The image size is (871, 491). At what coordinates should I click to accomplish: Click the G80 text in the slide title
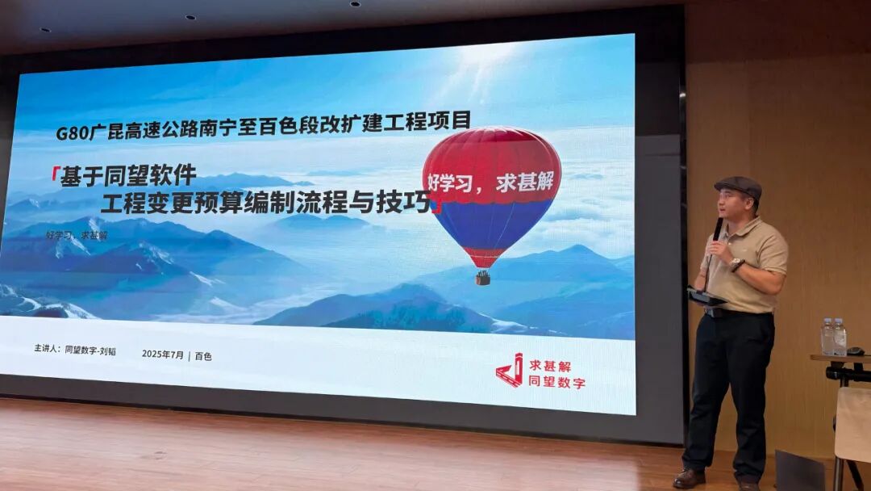point(72,132)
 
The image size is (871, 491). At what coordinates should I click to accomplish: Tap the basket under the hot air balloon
point(483,278)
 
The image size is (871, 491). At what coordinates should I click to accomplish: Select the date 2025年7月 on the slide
point(163,354)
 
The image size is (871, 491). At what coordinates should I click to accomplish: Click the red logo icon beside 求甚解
point(510,371)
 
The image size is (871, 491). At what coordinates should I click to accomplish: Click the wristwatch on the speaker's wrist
point(736,264)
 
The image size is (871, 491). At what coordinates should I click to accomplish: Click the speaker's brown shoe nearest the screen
point(690,477)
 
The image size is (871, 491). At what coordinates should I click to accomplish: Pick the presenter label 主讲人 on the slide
point(47,350)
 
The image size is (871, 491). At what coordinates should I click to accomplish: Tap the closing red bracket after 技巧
point(436,208)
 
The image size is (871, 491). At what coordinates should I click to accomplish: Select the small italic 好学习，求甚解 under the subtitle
point(77,234)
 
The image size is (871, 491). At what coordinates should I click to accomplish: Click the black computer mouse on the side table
point(856,350)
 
